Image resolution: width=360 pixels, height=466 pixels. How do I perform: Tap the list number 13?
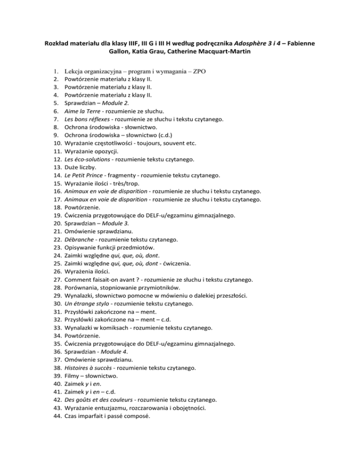pos(55,167)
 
